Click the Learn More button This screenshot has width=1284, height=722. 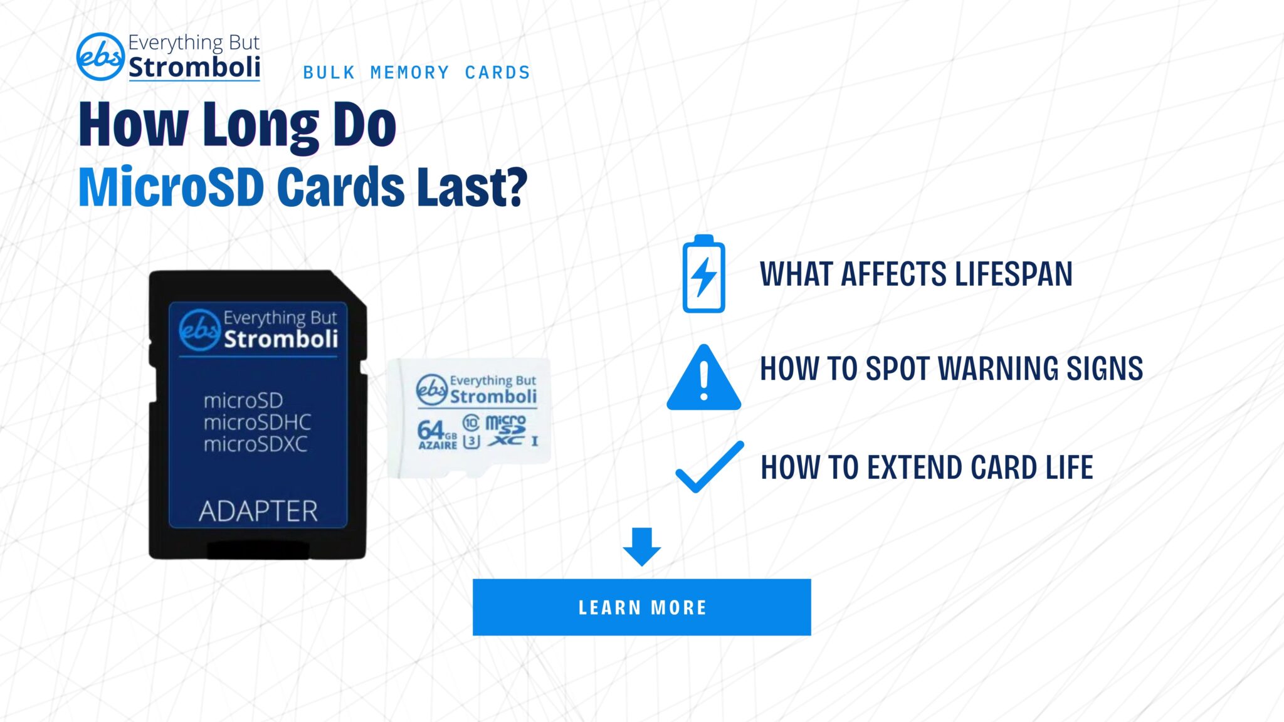pyautogui.click(x=641, y=607)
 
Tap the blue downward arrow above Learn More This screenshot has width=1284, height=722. pyautogui.click(x=641, y=547)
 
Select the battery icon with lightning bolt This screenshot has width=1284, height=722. pyautogui.click(x=703, y=274)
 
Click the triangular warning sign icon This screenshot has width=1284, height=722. pyautogui.click(x=704, y=378)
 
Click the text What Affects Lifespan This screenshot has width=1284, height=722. pyautogui.click(x=916, y=275)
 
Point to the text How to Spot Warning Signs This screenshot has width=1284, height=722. pyautogui.click(x=951, y=369)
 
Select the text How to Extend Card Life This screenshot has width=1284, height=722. pyautogui.click(x=927, y=468)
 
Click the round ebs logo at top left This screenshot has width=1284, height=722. pyautogui.click(x=100, y=56)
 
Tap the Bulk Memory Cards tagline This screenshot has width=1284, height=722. pyautogui.click(x=417, y=73)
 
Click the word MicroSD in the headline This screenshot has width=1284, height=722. pyautogui.click(x=171, y=186)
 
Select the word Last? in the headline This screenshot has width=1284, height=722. pyautogui.click(x=472, y=186)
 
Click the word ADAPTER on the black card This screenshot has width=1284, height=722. pyautogui.click(x=258, y=511)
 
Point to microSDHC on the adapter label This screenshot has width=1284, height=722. pyautogui.click(x=257, y=422)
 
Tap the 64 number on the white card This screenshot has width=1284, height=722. pyautogui.click(x=431, y=430)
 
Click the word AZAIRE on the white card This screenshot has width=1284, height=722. pyautogui.click(x=438, y=446)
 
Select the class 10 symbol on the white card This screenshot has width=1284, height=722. pyautogui.click(x=471, y=423)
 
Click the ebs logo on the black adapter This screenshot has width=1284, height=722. pyautogui.click(x=199, y=330)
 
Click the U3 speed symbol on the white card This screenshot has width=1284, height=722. pyautogui.click(x=471, y=441)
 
